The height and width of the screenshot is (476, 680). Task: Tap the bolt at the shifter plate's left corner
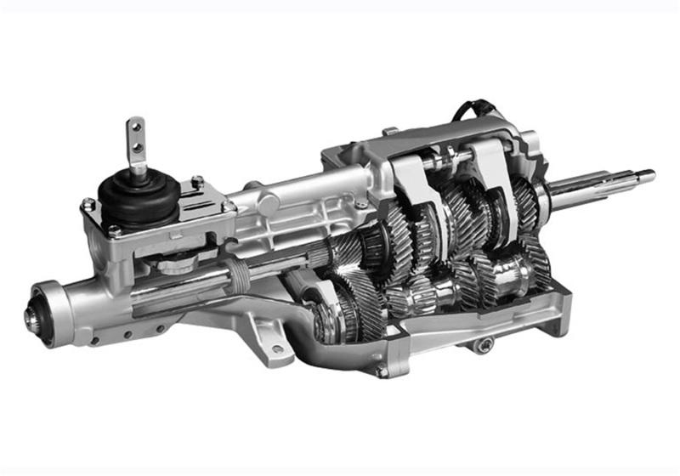[x=88, y=204]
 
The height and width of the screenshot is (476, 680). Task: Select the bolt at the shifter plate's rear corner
[x=197, y=180]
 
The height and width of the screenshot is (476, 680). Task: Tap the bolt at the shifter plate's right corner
[x=228, y=206]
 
